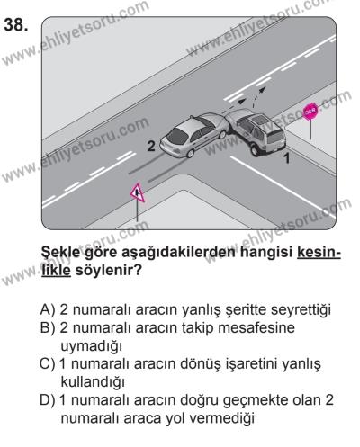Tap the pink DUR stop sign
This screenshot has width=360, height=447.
click(x=310, y=111)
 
